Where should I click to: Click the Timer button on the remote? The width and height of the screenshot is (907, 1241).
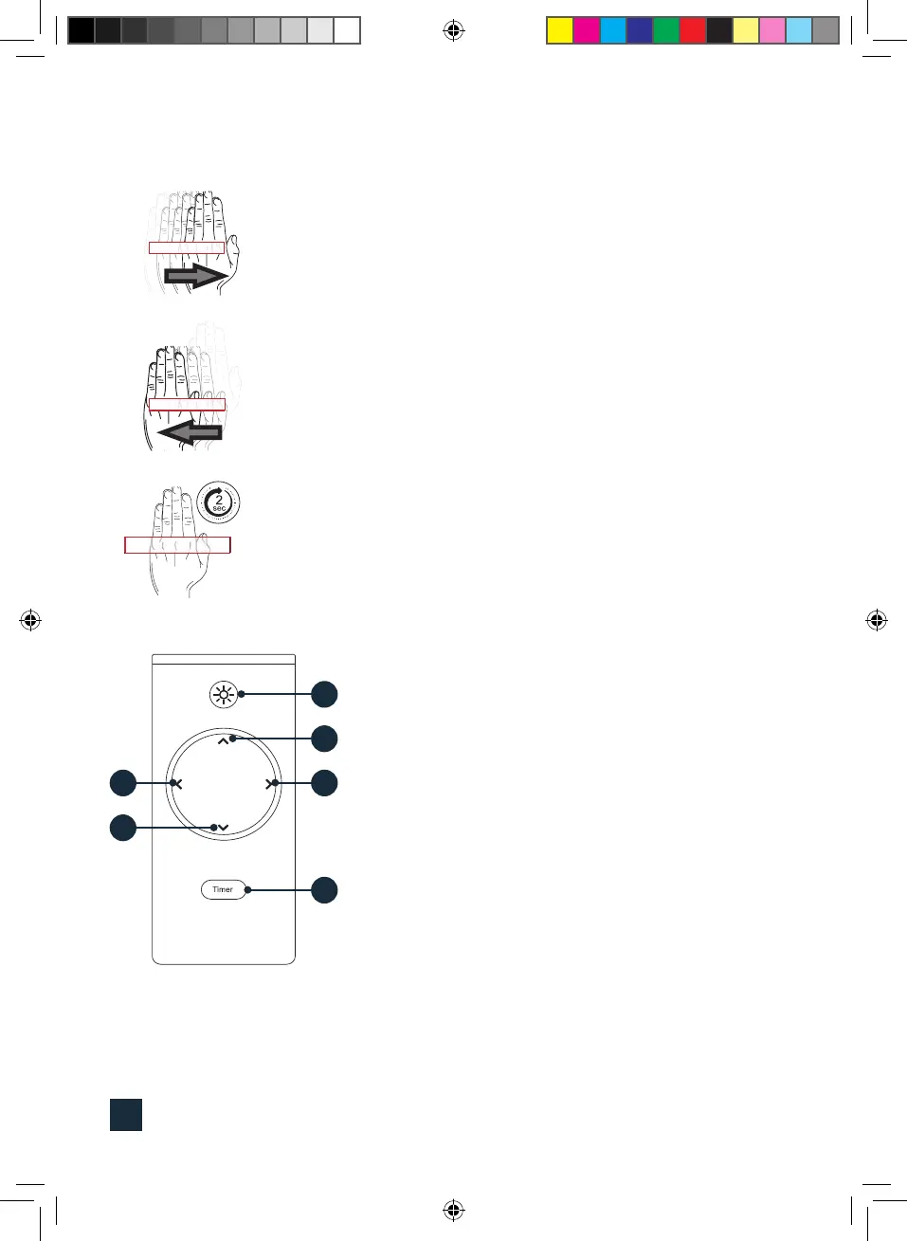click(x=223, y=889)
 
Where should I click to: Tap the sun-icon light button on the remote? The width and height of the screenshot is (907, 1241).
click(x=223, y=695)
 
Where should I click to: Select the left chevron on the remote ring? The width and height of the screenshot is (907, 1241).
click(x=176, y=783)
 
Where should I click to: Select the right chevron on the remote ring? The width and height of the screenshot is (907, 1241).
click(x=270, y=783)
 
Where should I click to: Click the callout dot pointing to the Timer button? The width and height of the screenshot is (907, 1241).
click(x=324, y=890)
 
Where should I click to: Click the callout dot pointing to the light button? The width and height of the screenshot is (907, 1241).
click(x=324, y=694)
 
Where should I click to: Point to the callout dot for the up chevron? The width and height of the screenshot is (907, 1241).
click(x=324, y=739)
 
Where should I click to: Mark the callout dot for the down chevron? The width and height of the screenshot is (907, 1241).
click(x=123, y=828)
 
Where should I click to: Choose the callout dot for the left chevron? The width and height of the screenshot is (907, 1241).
click(x=123, y=783)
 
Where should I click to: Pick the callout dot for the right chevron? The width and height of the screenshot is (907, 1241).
click(x=324, y=783)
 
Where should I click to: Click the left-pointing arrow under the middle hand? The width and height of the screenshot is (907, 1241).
click(x=190, y=433)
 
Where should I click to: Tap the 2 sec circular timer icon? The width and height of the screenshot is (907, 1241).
click(x=219, y=502)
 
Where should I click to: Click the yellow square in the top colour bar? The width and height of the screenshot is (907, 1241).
click(x=560, y=30)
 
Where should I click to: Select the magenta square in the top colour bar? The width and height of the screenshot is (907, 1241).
click(x=587, y=30)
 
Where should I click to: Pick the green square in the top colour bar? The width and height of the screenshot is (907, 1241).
click(x=666, y=30)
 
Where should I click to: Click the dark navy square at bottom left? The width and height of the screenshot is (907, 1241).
click(x=126, y=1115)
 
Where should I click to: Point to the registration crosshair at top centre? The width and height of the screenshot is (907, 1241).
click(x=453, y=31)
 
